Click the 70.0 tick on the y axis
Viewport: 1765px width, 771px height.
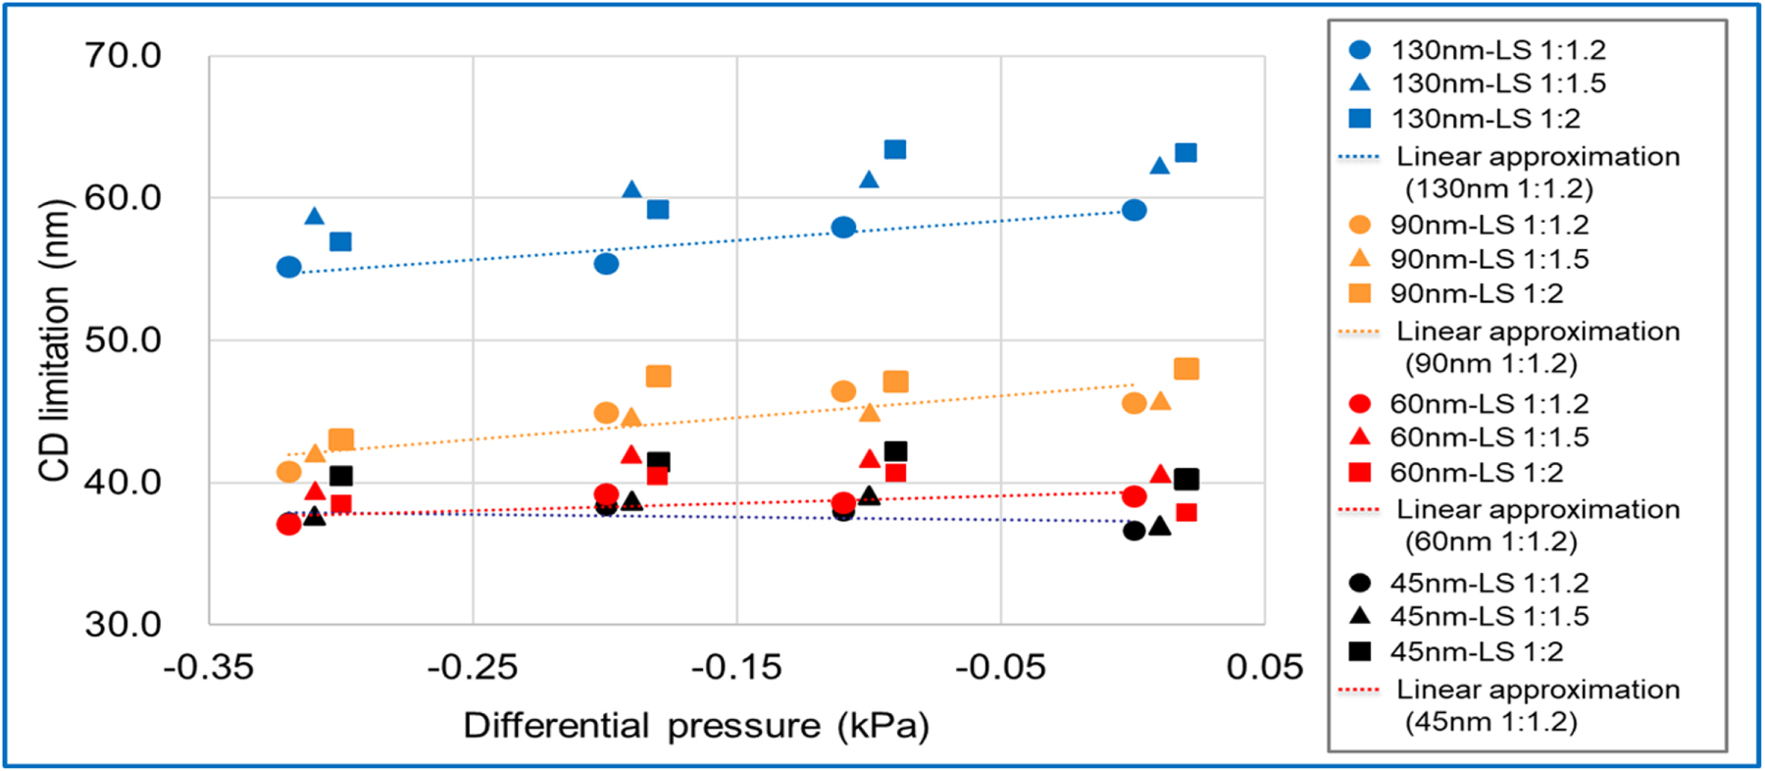click(123, 55)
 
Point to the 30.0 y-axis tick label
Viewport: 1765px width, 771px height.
click(123, 624)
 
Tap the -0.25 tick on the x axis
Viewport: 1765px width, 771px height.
click(472, 668)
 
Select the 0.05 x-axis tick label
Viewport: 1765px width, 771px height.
click(1264, 668)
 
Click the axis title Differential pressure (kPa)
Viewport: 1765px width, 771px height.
click(695, 726)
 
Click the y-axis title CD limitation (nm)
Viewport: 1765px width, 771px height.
click(55, 340)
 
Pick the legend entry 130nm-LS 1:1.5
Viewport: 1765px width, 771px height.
click(1497, 83)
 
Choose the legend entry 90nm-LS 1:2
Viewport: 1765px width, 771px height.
click(1476, 293)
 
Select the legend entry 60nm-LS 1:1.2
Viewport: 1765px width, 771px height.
click(1488, 403)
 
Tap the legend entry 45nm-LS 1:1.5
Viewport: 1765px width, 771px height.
click(1488, 616)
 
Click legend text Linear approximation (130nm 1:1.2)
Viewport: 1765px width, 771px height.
click(1537, 172)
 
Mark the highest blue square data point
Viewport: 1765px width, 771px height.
click(894, 149)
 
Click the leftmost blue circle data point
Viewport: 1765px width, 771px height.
click(288, 267)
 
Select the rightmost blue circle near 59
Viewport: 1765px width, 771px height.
click(1134, 210)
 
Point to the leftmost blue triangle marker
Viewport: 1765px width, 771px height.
click(314, 216)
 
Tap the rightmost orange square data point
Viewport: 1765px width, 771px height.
click(1185, 369)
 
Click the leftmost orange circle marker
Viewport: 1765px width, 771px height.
click(288, 472)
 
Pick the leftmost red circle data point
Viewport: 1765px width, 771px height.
click(288, 524)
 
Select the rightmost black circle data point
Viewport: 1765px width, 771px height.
click(1134, 531)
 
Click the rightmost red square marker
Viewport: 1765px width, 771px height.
click(1185, 512)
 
